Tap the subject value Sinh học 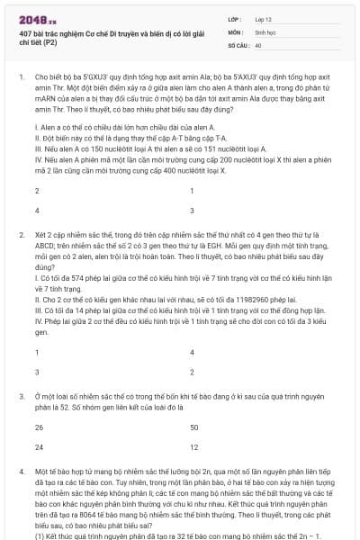(265, 31)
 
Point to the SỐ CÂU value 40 (258, 44)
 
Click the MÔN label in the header (235, 31)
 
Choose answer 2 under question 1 (37, 191)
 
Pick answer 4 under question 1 (37, 210)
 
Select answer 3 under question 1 (193, 210)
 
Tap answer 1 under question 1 (193, 191)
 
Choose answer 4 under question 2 (193, 352)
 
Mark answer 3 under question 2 (37, 371)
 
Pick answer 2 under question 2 (193, 371)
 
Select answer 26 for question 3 (39, 427)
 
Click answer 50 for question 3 (194, 427)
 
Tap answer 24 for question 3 (39, 446)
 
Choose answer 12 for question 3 (194, 446)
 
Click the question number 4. (22, 471)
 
